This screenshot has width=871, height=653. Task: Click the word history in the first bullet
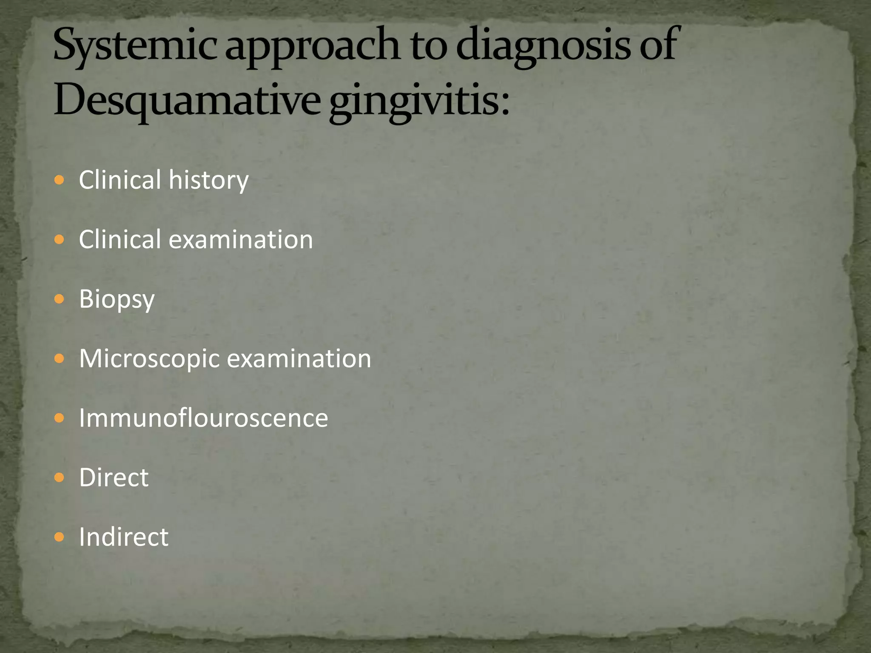coord(208,180)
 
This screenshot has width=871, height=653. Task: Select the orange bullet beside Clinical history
coord(60,180)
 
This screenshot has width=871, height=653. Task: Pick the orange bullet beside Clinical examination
coord(60,240)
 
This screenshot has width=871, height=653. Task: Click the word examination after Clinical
coord(241,240)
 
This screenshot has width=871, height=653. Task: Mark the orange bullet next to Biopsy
coord(60,299)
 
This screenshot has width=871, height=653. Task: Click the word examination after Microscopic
coord(299,359)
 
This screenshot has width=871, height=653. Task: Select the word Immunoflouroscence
coord(203,418)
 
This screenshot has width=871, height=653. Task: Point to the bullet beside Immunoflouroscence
coord(60,418)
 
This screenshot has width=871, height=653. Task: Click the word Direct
coord(114,478)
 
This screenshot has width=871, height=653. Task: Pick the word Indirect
coord(123,537)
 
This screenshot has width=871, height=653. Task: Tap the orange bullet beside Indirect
coord(60,537)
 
